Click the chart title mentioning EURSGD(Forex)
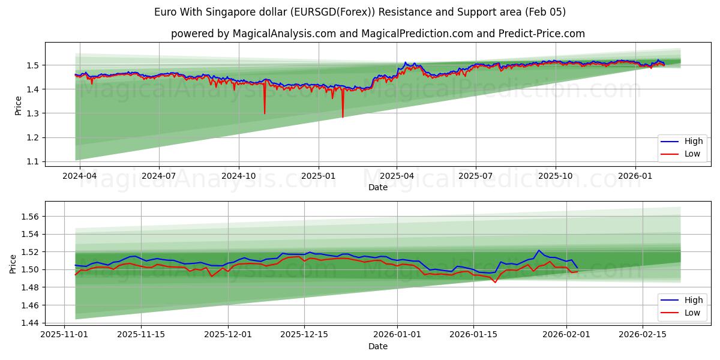tap(359, 12)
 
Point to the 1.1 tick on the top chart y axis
tap(33, 161)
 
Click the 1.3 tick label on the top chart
tap(33, 113)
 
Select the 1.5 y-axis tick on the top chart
tap(33, 65)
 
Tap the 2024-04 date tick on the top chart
tap(80, 176)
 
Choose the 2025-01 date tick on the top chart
tap(318, 176)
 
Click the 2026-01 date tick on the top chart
tap(635, 176)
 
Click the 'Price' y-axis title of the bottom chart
tap(13, 263)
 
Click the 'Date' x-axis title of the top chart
tap(377, 187)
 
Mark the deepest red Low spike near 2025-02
tap(343, 116)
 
